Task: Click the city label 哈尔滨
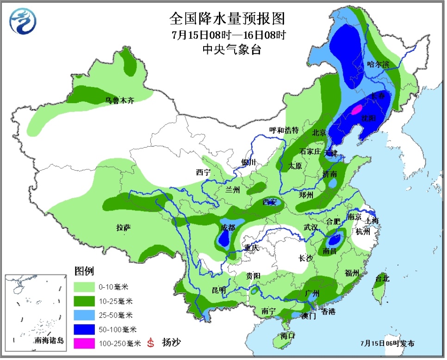(379, 65)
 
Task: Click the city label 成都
(228, 227)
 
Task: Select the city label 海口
(287, 336)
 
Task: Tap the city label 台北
(382, 279)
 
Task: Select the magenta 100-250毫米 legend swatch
(86, 343)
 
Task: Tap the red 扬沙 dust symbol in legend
(150, 343)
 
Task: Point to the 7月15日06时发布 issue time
(387, 343)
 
